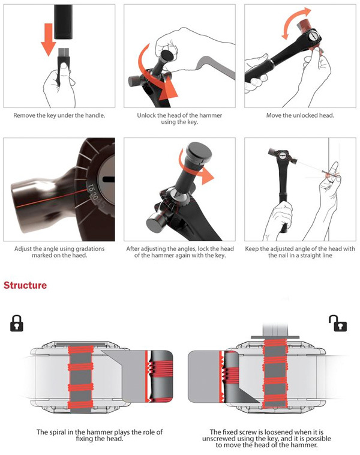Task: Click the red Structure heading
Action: (x=25, y=285)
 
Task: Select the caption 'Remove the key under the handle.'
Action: (x=60, y=115)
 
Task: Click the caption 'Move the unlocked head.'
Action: (x=298, y=115)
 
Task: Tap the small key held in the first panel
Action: (x=62, y=61)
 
